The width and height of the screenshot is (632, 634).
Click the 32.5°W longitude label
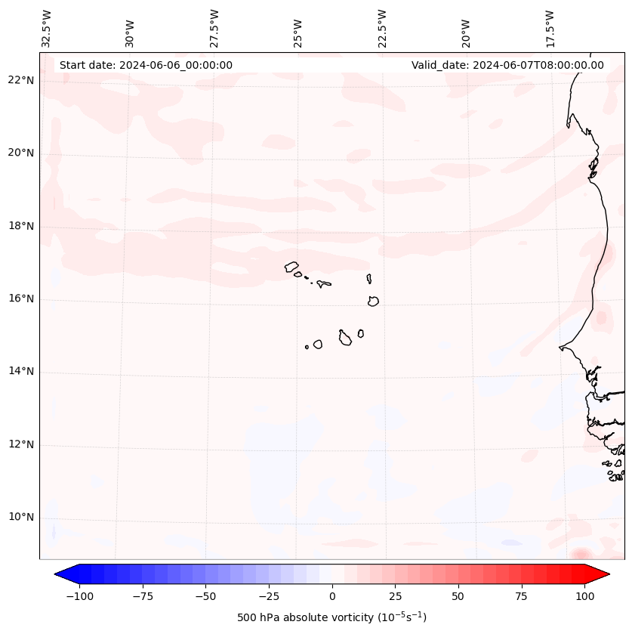click(x=47, y=29)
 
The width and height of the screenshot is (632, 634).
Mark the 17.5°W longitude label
click(x=550, y=29)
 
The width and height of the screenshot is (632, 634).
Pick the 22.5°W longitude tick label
click(x=382, y=29)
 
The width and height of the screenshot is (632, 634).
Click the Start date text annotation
click(x=146, y=65)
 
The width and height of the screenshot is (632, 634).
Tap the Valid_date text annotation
click(x=507, y=65)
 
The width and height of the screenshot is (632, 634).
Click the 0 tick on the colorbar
click(x=332, y=596)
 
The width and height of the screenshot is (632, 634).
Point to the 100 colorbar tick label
click(x=584, y=596)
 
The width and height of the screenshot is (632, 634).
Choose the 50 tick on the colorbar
click(x=458, y=596)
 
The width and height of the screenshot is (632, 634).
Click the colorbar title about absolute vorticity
click(x=332, y=617)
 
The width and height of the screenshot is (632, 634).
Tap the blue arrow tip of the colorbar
click(x=60, y=574)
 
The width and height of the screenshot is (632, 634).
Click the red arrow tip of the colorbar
click(x=603, y=574)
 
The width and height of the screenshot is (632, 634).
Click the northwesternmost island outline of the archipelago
click(x=291, y=267)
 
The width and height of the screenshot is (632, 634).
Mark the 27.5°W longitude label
click(x=214, y=29)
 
